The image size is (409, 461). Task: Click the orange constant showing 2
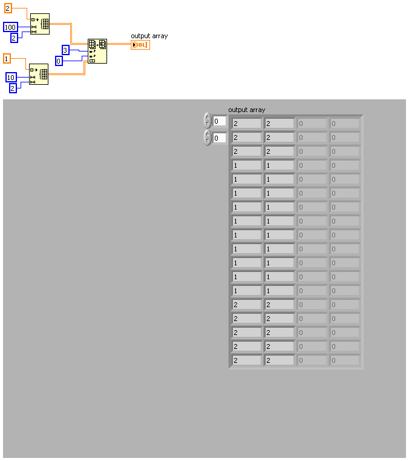pos(8,8)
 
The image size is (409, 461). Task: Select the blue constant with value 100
pos(10,27)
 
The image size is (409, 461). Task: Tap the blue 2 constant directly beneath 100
pos(14,38)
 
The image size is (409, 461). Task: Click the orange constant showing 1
pos(7,58)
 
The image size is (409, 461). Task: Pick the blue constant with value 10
pos(11,77)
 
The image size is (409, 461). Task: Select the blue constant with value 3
pos(66,50)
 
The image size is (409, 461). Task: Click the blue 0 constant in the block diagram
pos(59,61)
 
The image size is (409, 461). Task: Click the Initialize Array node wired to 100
pos(40,24)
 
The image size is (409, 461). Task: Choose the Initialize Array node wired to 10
pos(39,74)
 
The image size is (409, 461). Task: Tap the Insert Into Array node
pos(97,51)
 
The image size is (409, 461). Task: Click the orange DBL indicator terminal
pos(140,45)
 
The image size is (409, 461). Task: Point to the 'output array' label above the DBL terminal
pos(149,36)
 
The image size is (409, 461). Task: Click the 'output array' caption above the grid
pos(246,110)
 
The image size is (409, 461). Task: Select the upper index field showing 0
pos(219,121)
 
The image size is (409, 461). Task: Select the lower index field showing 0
pos(219,138)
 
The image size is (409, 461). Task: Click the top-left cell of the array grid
pos(247,124)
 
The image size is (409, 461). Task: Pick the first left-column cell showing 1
pos(247,165)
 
